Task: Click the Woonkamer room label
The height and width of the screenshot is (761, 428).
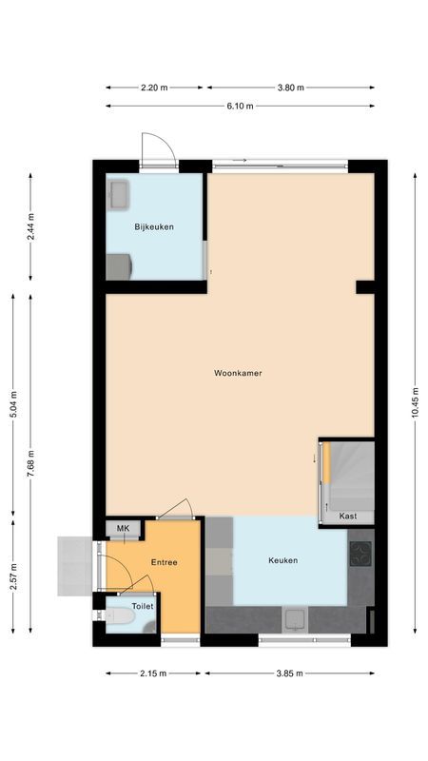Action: [238, 373]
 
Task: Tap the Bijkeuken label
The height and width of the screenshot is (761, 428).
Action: [154, 226]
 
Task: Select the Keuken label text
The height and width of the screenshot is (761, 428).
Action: [282, 560]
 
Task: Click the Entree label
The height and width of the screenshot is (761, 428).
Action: [165, 562]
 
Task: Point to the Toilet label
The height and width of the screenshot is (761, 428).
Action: [143, 605]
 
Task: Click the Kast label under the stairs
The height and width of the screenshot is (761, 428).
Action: [349, 517]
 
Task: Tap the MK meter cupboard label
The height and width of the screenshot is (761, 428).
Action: [123, 529]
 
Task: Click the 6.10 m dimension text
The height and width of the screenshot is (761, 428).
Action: [240, 106]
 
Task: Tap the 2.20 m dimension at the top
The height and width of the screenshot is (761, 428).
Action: [154, 88]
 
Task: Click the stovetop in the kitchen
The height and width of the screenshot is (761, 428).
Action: [360, 555]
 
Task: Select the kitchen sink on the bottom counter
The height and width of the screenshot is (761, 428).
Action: [295, 620]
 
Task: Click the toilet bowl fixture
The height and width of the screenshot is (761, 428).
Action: [119, 620]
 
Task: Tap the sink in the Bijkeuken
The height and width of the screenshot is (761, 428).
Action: [120, 194]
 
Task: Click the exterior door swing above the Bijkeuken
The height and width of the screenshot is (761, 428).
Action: [158, 147]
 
